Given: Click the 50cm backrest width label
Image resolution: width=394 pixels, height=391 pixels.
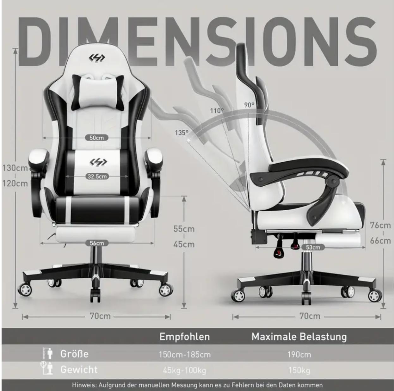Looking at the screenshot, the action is (x=97, y=138).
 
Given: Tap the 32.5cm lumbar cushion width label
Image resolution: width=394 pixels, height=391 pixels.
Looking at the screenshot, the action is (x=97, y=176).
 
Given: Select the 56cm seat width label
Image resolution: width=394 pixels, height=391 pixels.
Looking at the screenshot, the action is (x=97, y=243).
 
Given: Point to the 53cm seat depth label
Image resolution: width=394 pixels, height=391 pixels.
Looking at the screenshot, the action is (x=313, y=247).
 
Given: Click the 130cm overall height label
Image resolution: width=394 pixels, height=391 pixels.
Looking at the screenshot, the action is (x=15, y=168).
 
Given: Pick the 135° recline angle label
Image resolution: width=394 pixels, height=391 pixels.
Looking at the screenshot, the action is (x=182, y=133).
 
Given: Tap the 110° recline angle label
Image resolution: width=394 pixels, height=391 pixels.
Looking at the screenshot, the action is (x=217, y=111).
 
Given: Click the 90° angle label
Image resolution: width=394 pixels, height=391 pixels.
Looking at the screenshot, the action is (x=249, y=105).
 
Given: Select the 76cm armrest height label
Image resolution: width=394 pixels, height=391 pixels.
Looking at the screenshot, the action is (x=380, y=225).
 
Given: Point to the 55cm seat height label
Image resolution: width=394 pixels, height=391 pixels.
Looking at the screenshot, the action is (x=184, y=229).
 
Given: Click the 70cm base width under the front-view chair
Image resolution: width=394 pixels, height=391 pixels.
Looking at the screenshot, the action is (x=100, y=316).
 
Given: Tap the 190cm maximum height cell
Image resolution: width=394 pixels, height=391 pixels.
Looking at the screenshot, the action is (x=299, y=355).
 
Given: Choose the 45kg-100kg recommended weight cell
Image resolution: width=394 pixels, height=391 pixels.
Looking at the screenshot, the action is (x=184, y=370).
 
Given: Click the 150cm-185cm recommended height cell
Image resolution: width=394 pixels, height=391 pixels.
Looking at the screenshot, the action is (x=185, y=355).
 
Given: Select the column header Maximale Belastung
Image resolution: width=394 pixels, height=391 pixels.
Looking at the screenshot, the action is (x=299, y=337).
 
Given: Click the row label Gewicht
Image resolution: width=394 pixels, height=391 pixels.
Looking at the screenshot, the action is (x=79, y=369).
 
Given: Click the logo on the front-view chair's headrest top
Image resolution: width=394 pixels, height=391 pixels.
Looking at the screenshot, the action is (x=97, y=58).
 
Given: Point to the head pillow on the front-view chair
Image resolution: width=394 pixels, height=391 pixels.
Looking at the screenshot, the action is (x=97, y=93).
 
